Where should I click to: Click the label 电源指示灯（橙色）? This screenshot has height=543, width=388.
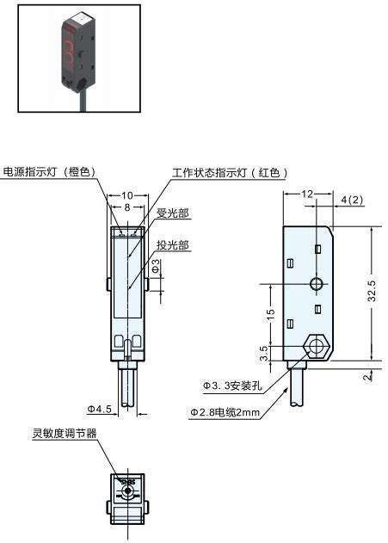coord(49,171)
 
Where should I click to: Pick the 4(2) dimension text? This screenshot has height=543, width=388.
coord(352,201)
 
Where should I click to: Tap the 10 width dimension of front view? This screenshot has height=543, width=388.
coord(126,196)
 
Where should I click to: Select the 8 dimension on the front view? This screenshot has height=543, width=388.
coord(126,207)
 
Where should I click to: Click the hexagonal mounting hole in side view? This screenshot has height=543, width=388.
coord(317,349)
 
